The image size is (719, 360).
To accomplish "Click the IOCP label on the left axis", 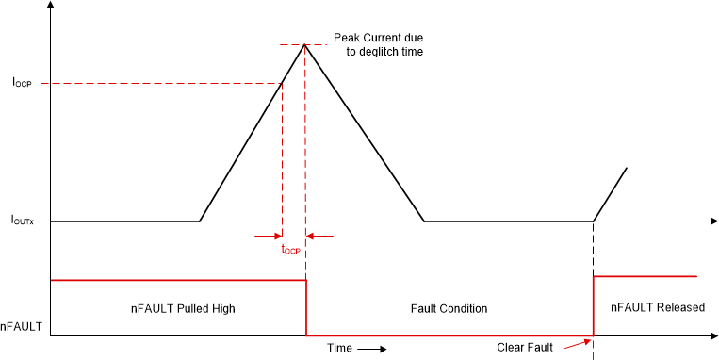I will click(x=22, y=83).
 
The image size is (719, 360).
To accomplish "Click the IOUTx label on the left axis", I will click(x=23, y=221).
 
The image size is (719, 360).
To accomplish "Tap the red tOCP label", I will click(x=290, y=250).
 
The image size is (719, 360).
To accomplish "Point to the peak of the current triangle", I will click(x=304, y=44).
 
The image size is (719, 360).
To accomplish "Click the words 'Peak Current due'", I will click(x=378, y=39).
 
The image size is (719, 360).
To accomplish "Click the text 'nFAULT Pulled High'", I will click(x=182, y=308).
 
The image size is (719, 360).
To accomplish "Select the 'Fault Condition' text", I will click(x=449, y=308).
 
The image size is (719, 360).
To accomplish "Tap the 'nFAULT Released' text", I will click(x=657, y=308).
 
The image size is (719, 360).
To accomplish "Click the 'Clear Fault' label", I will click(x=525, y=347).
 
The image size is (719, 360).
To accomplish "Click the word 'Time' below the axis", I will click(x=339, y=348).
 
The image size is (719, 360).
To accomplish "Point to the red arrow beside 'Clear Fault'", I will click(x=574, y=345).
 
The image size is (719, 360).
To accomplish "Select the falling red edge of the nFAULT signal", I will click(x=306, y=307).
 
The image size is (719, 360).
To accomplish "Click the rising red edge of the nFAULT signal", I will click(x=593, y=305).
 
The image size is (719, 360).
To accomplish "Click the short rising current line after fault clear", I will click(x=611, y=194).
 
